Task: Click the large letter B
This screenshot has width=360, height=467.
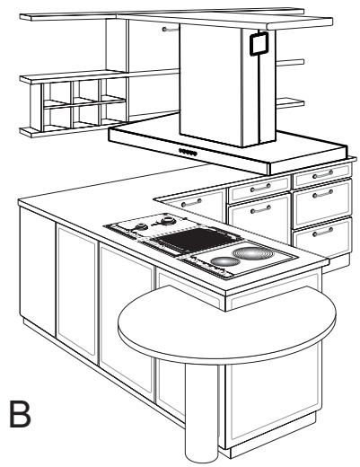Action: (20, 414)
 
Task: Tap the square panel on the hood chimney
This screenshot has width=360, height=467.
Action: (259, 44)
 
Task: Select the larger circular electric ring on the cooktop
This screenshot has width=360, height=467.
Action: (253, 253)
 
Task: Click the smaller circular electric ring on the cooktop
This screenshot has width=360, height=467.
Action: (225, 261)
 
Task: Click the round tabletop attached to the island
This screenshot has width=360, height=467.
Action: (227, 324)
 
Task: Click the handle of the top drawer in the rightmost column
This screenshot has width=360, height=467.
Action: (322, 174)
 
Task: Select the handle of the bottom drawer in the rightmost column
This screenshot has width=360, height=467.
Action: (322, 232)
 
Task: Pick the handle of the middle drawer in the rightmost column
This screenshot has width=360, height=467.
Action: (322, 194)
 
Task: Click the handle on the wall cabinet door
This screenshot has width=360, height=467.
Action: (171, 30)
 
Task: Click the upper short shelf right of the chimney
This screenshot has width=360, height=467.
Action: (290, 63)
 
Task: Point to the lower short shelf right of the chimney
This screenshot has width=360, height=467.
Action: (290, 103)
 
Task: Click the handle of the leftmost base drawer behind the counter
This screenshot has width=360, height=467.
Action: (191, 203)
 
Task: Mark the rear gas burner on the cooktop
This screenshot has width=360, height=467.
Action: (166, 221)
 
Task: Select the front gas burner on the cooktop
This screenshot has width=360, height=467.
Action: (141, 227)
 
